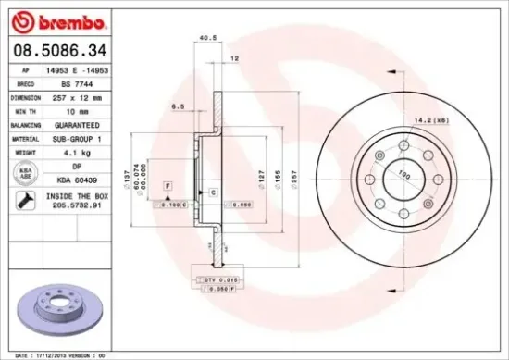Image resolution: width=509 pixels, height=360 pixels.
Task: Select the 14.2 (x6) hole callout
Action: (x=430, y=118)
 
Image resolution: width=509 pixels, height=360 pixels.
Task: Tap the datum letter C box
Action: (x=212, y=192)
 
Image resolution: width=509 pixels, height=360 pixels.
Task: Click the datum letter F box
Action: (x=168, y=186)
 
